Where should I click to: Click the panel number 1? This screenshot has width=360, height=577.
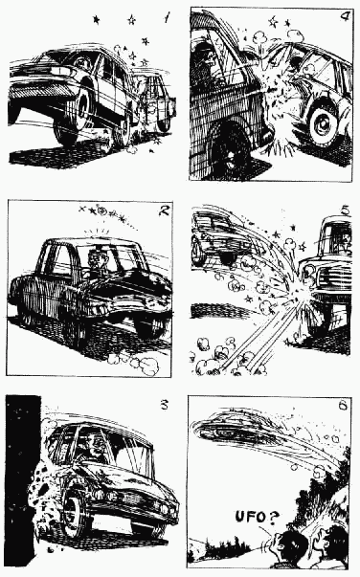point(168,17)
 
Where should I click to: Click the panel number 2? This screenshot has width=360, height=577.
point(163,211)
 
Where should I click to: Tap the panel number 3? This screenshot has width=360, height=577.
point(164,405)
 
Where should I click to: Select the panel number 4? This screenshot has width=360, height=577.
point(345,17)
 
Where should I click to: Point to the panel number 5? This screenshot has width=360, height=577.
point(346,211)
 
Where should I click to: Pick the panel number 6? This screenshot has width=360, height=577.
point(343,405)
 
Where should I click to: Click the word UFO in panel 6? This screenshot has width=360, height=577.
point(250,517)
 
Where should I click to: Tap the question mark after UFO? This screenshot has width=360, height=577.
point(273,518)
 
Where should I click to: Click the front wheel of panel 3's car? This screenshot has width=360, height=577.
point(76,513)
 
